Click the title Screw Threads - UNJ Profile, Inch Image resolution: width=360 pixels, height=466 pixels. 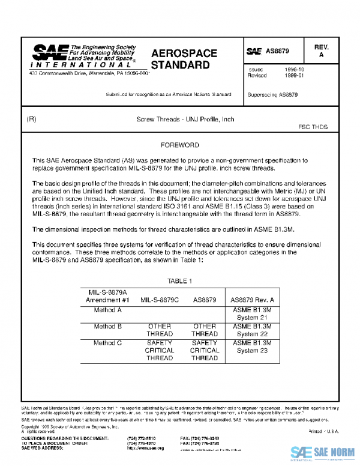pos(185,120)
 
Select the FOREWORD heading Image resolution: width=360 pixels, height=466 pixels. pos(180,146)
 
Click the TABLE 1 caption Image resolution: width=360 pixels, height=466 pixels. pos(179,281)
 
